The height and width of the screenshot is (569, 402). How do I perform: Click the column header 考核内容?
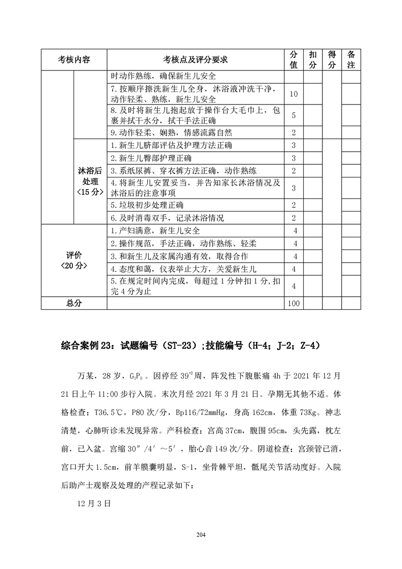coord(74,60)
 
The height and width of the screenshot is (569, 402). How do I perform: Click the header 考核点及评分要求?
coord(195,60)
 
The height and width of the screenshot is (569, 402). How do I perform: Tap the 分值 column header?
coord(294,60)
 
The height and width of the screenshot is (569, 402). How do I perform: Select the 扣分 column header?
coord(313,60)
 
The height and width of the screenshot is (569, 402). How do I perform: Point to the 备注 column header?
coord(351,60)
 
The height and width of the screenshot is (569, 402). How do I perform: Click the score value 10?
coord(294,94)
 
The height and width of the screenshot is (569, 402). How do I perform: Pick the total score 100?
coord(294,303)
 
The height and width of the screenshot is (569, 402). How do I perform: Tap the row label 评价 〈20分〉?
coord(74,260)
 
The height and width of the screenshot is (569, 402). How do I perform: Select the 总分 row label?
coord(74,303)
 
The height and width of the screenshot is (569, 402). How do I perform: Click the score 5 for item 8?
coord(294,116)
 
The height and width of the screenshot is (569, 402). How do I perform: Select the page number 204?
coord(201,534)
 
